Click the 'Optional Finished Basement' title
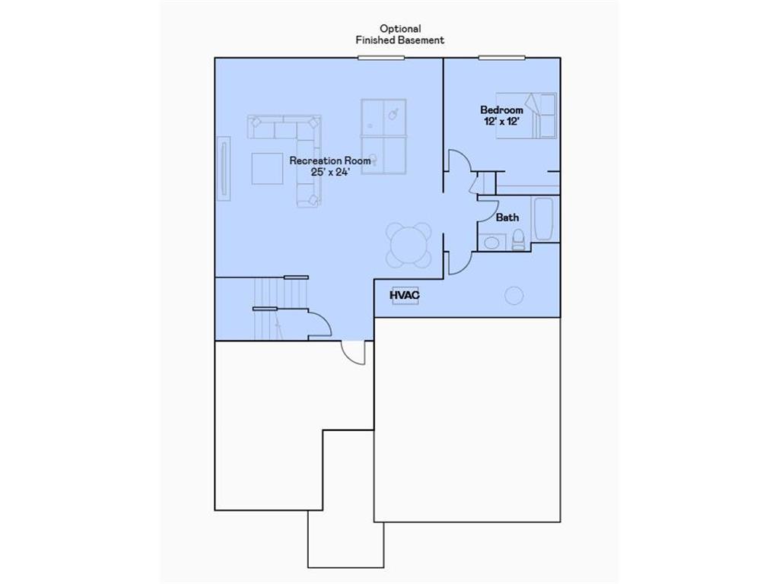[399, 34]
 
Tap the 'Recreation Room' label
[330, 160]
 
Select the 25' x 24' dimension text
[330, 172]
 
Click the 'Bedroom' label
[501, 110]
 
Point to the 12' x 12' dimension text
[501, 122]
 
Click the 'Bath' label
[507, 217]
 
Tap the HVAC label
[405, 295]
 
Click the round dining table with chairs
[409, 245]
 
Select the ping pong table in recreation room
[383, 136]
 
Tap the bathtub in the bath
[543, 219]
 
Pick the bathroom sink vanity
[491, 243]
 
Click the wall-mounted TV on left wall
[224, 168]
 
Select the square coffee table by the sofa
[267, 168]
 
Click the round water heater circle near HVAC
[515, 295]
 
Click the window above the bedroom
[501, 58]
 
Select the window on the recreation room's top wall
[381, 58]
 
